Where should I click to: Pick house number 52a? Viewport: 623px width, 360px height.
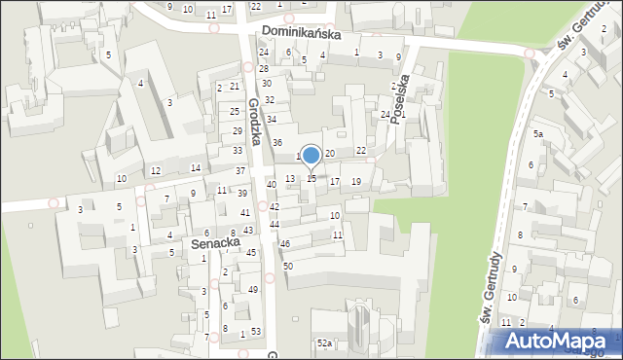pos(324,343)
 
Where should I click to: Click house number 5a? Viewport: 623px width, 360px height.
pos(537,133)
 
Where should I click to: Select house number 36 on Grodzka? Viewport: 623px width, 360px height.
pos(276,143)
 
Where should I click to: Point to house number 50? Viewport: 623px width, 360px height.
pos(287,266)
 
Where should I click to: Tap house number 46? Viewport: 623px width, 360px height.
pos(285,243)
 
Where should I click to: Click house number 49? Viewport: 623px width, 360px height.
pos(253,290)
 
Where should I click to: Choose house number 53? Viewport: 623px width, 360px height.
pos(256,333)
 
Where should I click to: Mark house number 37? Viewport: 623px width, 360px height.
pos(239,171)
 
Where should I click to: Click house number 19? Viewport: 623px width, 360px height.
pos(356,182)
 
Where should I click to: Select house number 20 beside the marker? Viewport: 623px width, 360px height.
pos(330,154)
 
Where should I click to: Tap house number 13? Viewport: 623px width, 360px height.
pos(289,179)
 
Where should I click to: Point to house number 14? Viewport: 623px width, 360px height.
pos(196,168)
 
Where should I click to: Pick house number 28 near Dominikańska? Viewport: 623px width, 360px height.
pos(263,67)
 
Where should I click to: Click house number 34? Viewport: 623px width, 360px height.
pos(272,120)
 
